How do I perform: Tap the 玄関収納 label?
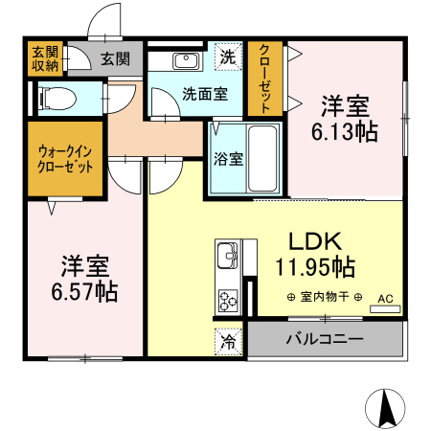[x=44, y=58]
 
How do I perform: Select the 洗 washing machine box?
[x=227, y=57]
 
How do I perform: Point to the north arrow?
[x=387, y=409]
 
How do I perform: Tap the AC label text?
[x=384, y=299]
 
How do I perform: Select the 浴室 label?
[x=228, y=159]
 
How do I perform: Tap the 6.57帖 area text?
[x=85, y=290]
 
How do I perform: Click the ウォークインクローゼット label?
[x=65, y=159]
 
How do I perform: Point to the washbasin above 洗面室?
[x=185, y=62]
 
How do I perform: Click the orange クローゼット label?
[x=265, y=79]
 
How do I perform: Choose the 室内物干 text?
[x=324, y=298]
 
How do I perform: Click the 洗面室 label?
[x=204, y=94]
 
